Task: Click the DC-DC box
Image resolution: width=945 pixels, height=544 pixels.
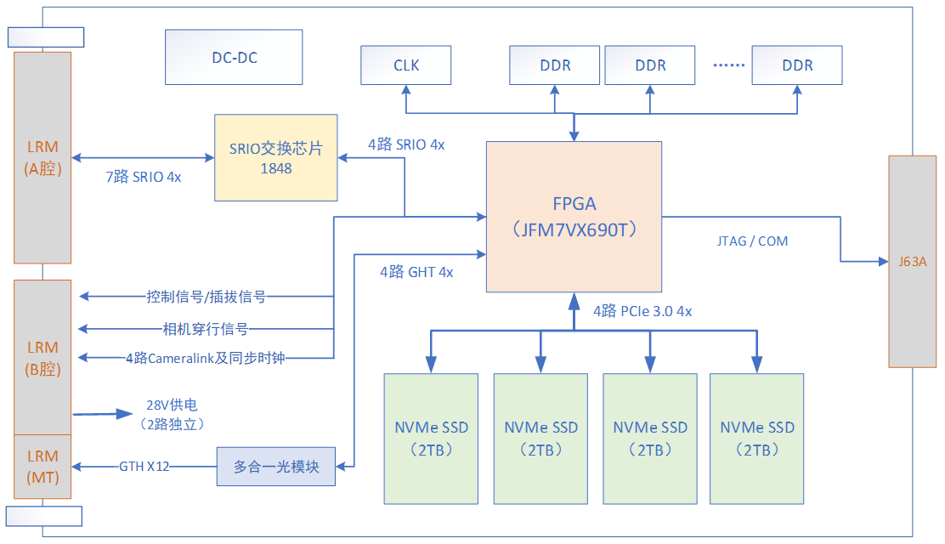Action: [234, 58]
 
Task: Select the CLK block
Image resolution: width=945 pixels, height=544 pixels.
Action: [406, 65]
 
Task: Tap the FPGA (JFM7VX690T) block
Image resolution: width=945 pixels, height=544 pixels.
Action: [574, 217]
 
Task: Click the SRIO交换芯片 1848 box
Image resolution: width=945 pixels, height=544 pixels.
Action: [275, 158]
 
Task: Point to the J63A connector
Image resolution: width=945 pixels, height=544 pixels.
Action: [912, 261]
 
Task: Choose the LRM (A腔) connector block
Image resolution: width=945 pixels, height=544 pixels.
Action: [42, 158]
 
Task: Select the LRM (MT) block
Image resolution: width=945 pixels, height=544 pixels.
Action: [42, 467]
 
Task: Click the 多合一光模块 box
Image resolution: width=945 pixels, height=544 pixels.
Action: [276, 467]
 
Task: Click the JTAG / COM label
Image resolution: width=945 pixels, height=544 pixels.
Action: [751, 241]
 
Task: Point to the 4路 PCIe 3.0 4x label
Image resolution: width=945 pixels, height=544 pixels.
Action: [642, 311]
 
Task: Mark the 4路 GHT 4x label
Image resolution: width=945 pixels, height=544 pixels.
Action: [416, 272]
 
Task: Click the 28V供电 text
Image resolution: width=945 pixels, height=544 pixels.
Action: [172, 405]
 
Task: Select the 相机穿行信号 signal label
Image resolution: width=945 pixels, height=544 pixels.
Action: [206, 329]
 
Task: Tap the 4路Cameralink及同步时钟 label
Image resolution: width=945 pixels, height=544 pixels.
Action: [205, 358]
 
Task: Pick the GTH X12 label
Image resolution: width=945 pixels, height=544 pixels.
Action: [145, 466]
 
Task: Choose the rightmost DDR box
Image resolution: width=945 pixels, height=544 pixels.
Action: [797, 65]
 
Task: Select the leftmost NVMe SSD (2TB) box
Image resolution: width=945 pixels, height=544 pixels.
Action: [431, 438]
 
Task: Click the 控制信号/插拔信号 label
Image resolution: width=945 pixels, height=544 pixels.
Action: [206, 297]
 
